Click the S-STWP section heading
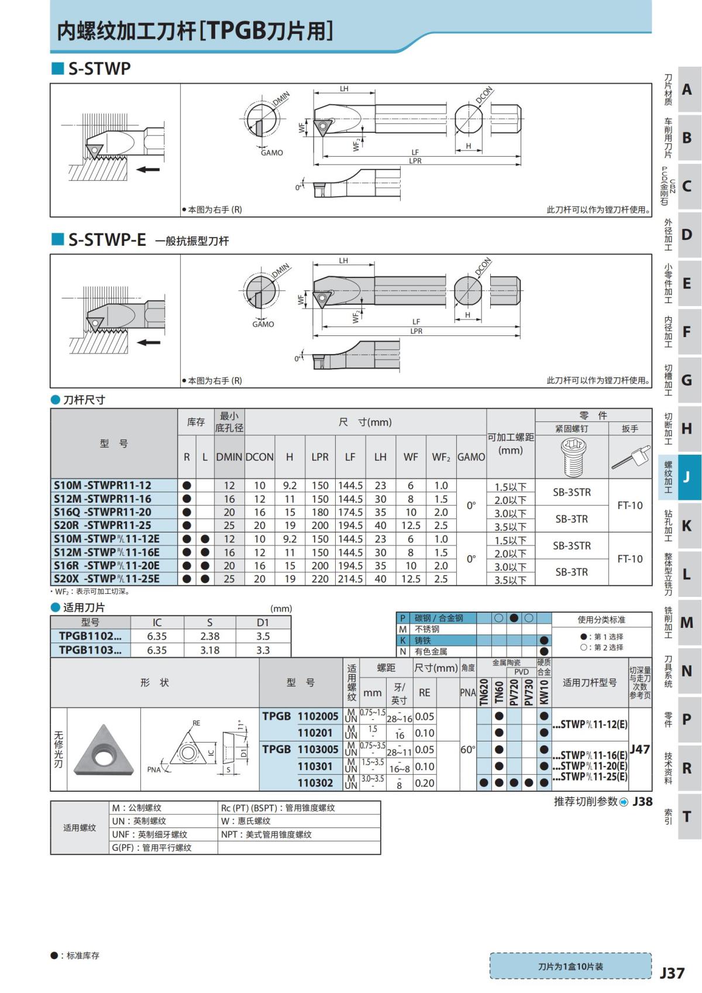[99, 68]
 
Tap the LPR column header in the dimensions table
[320, 457]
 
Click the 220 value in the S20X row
[320, 579]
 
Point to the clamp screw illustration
[573, 456]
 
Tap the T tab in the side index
[687, 816]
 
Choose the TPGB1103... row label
[90, 650]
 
